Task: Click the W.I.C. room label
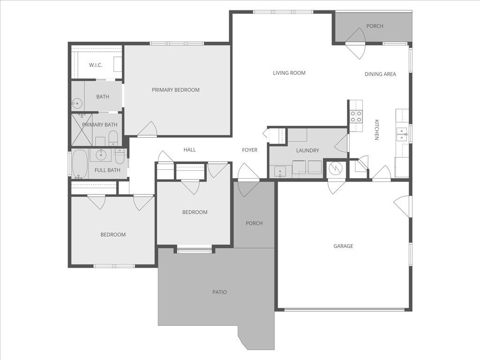[x=96, y=65]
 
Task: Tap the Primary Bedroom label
[x=176, y=90]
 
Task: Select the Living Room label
[x=289, y=73]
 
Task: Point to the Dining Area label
[x=380, y=74]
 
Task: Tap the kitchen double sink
[x=402, y=135]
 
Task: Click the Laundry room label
[x=307, y=150]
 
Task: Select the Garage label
[x=343, y=246]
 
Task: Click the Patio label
[x=219, y=292]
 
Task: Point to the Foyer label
[x=249, y=150]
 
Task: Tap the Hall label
[x=189, y=150]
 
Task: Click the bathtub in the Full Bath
[x=80, y=164]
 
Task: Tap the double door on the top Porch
[x=355, y=45]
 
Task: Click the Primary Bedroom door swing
[x=149, y=130]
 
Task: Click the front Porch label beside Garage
[x=254, y=223]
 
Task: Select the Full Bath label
[x=107, y=170]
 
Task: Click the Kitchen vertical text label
[x=376, y=130]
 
